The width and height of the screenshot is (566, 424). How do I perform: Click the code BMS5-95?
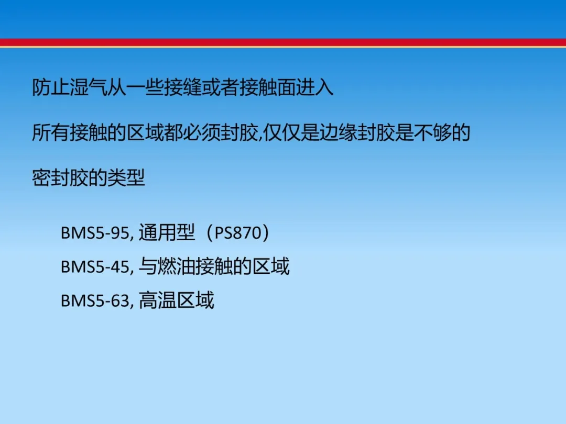(94, 233)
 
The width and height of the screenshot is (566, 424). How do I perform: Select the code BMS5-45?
(94, 267)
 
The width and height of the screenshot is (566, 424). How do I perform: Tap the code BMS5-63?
(94, 300)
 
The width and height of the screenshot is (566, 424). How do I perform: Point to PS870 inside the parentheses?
(238, 233)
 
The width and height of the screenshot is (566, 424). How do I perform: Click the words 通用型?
(167, 232)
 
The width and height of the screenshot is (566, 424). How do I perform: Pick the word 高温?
(157, 300)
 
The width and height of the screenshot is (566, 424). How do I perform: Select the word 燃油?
(176, 266)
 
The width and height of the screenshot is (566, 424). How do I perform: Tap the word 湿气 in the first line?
(89, 87)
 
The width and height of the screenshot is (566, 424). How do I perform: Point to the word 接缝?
(183, 87)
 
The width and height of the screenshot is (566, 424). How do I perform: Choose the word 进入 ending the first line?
(314, 87)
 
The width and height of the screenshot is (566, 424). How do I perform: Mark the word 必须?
(201, 132)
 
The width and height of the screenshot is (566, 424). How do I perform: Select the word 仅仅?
(282, 132)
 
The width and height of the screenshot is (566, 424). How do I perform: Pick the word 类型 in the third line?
(126, 177)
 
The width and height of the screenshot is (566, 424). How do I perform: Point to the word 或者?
(220, 87)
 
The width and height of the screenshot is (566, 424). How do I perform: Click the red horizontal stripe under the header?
(283, 42)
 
